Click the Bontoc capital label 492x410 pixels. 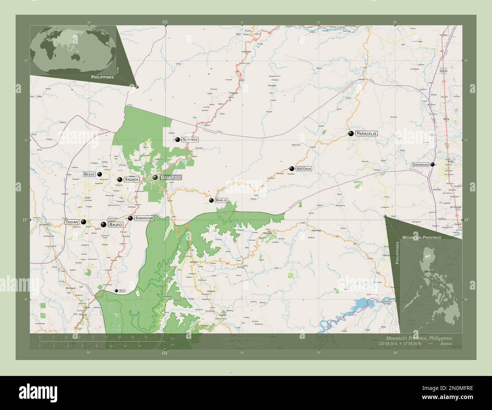pyautogui.click(x=171, y=177)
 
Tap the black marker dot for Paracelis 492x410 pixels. pyautogui.click(x=351, y=133)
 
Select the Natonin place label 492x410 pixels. pyautogui.click(x=304, y=169)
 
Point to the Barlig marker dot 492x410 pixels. pyautogui.click(x=212, y=200)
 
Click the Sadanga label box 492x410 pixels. pyautogui.click(x=190, y=140)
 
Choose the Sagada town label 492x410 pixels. pyautogui.click(x=132, y=180)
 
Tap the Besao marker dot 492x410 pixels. pyautogui.click(x=100, y=174)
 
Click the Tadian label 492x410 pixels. pyautogui.click(x=72, y=222)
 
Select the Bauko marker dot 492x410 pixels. pyautogui.click(x=103, y=225)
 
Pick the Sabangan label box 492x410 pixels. pyautogui.click(x=144, y=218)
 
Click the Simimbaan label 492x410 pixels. pyautogui.click(x=420, y=165)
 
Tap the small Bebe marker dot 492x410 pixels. pyautogui.click(x=117, y=290)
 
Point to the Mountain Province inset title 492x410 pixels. pyautogui.click(x=422, y=237)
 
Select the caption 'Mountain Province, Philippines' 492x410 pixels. pyautogui.click(x=419, y=338)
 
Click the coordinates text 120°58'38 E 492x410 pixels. pyautogui.click(x=391, y=344)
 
